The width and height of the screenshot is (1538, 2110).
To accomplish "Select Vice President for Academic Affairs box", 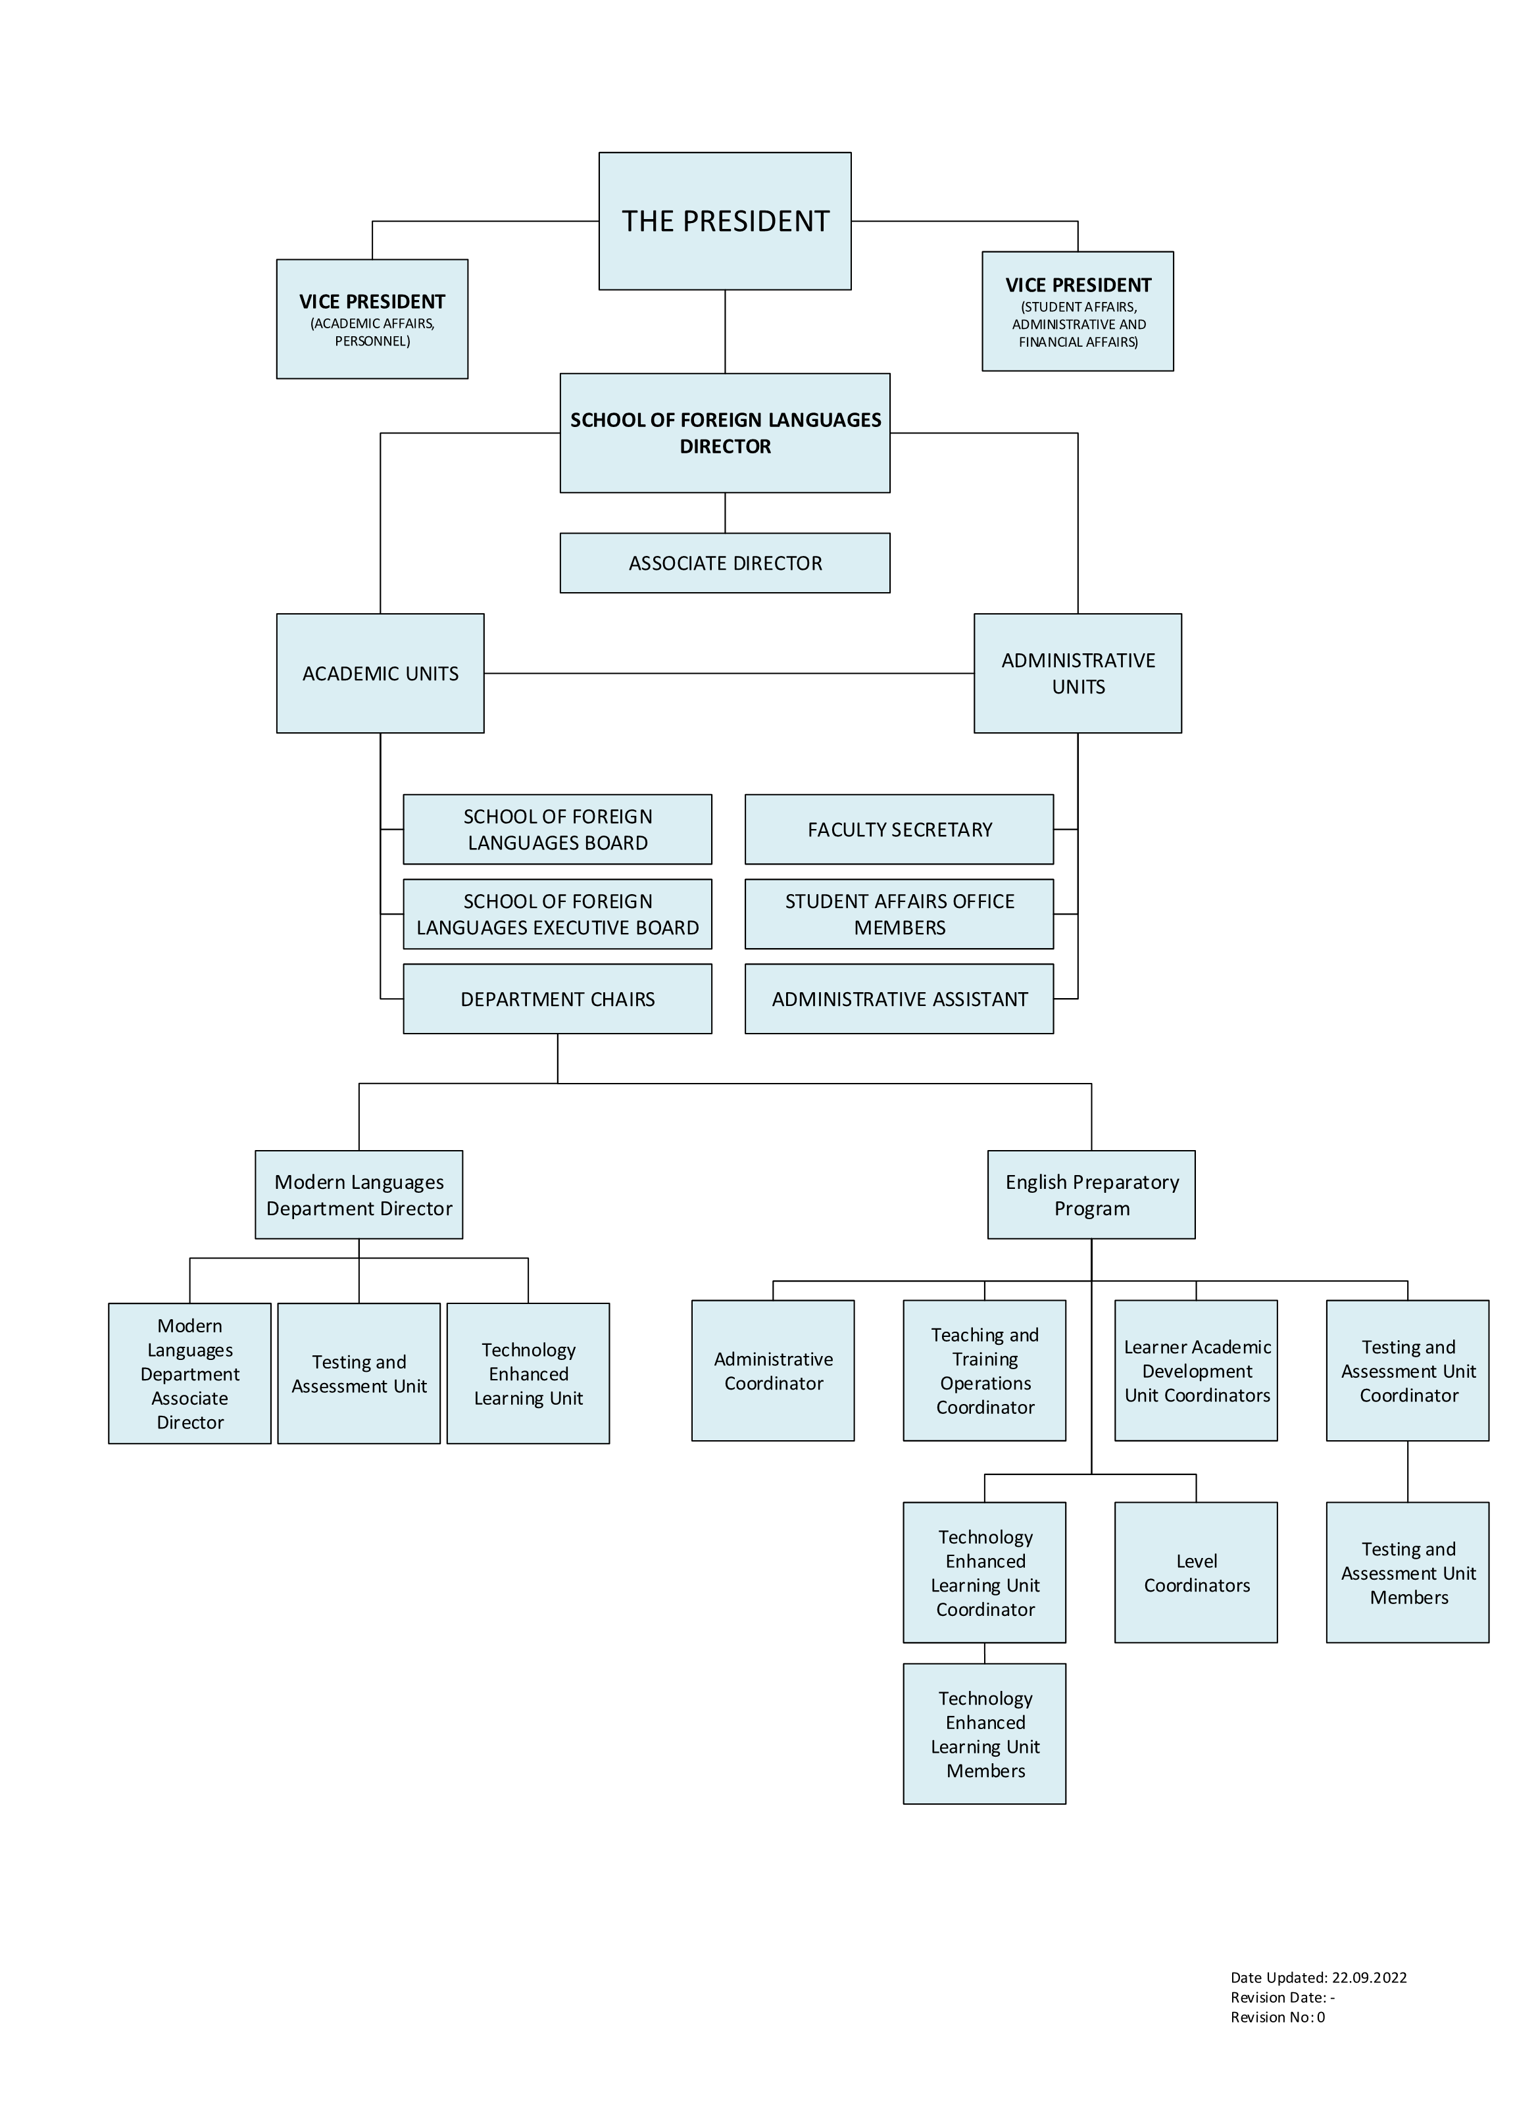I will click(x=372, y=318).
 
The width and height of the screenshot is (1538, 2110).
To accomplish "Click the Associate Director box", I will click(x=724, y=563).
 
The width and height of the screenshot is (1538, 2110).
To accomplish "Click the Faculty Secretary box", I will click(x=899, y=829).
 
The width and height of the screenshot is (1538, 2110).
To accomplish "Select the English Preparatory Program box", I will click(x=1091, y=1195).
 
